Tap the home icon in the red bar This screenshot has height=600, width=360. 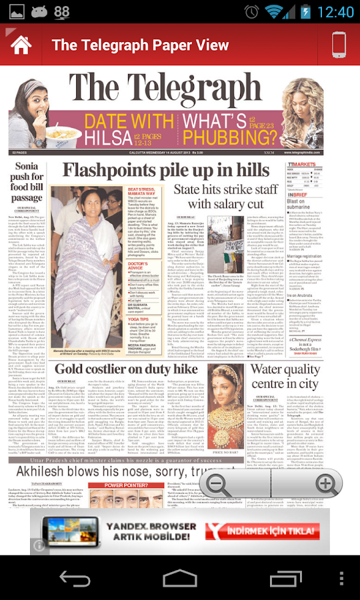21,45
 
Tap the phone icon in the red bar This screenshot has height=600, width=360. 339,45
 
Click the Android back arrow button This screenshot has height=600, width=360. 75,578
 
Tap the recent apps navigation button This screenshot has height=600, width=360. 285,578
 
